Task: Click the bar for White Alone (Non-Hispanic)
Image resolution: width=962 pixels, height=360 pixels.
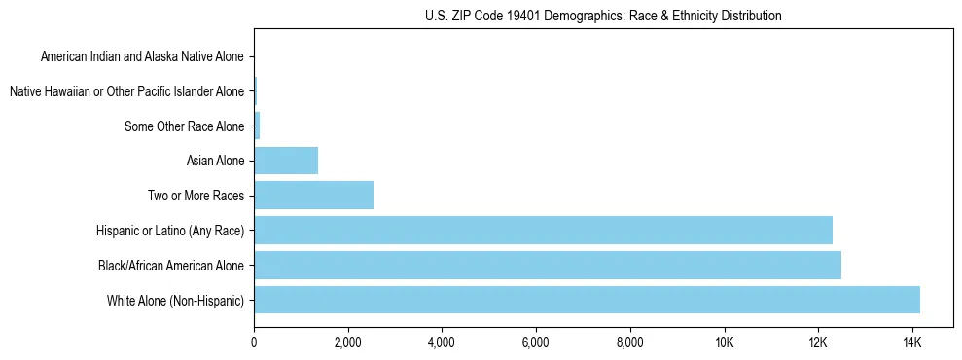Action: (x=587, y=300)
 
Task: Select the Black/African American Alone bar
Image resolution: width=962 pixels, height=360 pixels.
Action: (x=548, y=265)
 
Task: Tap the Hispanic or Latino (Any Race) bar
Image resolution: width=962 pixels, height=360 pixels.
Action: (x=543, y=230)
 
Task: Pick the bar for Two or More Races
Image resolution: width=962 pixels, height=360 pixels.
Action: (x=313, y=195)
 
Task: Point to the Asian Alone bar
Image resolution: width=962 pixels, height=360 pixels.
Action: (x=286, y=161)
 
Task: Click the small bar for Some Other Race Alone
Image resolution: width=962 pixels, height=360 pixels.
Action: (x=257, y=126)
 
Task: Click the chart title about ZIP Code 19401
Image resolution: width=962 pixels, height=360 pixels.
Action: (x=603, y=16)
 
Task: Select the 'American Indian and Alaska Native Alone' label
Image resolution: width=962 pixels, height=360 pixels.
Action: (x=142, y=56)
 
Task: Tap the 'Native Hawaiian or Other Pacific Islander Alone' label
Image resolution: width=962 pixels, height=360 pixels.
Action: (x=126, y=91)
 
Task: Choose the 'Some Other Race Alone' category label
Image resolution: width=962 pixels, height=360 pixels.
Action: (x=185, y=126)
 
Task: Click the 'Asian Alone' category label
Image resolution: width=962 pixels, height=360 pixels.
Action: (x=215, y=161)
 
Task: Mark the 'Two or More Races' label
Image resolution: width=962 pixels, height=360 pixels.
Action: (x=196, y=196)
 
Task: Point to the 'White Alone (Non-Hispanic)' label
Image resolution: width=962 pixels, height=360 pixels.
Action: (x=176, y=300)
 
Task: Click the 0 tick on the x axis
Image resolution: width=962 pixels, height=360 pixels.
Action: (x=254, y=343)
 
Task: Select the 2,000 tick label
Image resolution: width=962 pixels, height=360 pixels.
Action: (x=347, y=343)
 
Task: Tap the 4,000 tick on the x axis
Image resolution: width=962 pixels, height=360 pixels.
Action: (x=442, y=343)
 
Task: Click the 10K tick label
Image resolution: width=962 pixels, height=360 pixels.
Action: (x=724, y=343)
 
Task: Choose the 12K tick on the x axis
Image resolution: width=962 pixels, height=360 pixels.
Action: (x=817, y=343)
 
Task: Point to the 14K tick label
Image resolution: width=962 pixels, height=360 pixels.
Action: (x=911, y=343)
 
